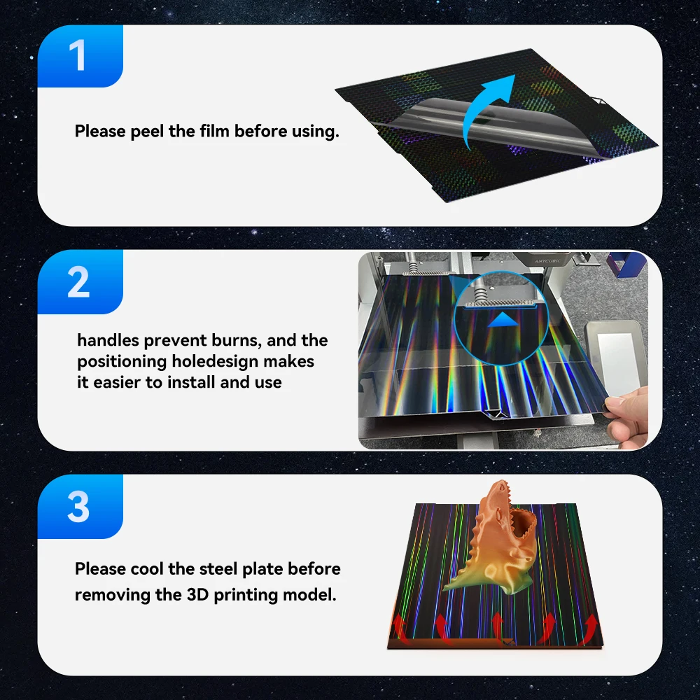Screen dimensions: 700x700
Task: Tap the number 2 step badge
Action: click(x=78, y=282)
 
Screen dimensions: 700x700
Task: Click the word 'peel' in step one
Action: click(x=148, y=132)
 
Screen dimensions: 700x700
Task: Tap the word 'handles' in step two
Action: click(x=108, y=341)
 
